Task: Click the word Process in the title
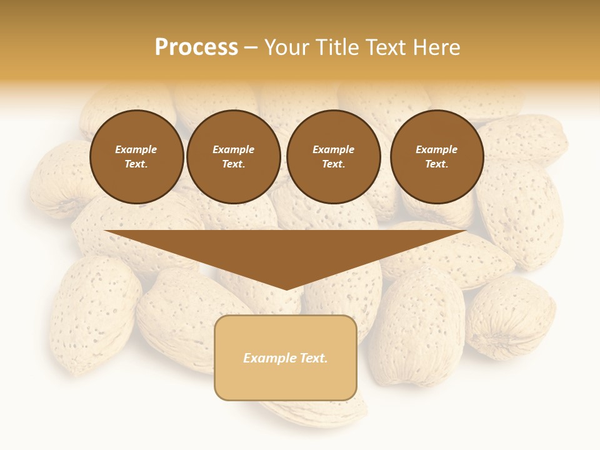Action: [x=196, y=47]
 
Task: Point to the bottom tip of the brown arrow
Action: [x=286, y=289]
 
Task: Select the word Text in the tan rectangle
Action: [x=313, y=358]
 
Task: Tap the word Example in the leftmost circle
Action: [x=136, y=149]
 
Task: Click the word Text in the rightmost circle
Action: [x=437, y=164]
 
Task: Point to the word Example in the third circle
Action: [x=333, y=149]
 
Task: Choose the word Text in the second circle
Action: [x=233, y=164]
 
